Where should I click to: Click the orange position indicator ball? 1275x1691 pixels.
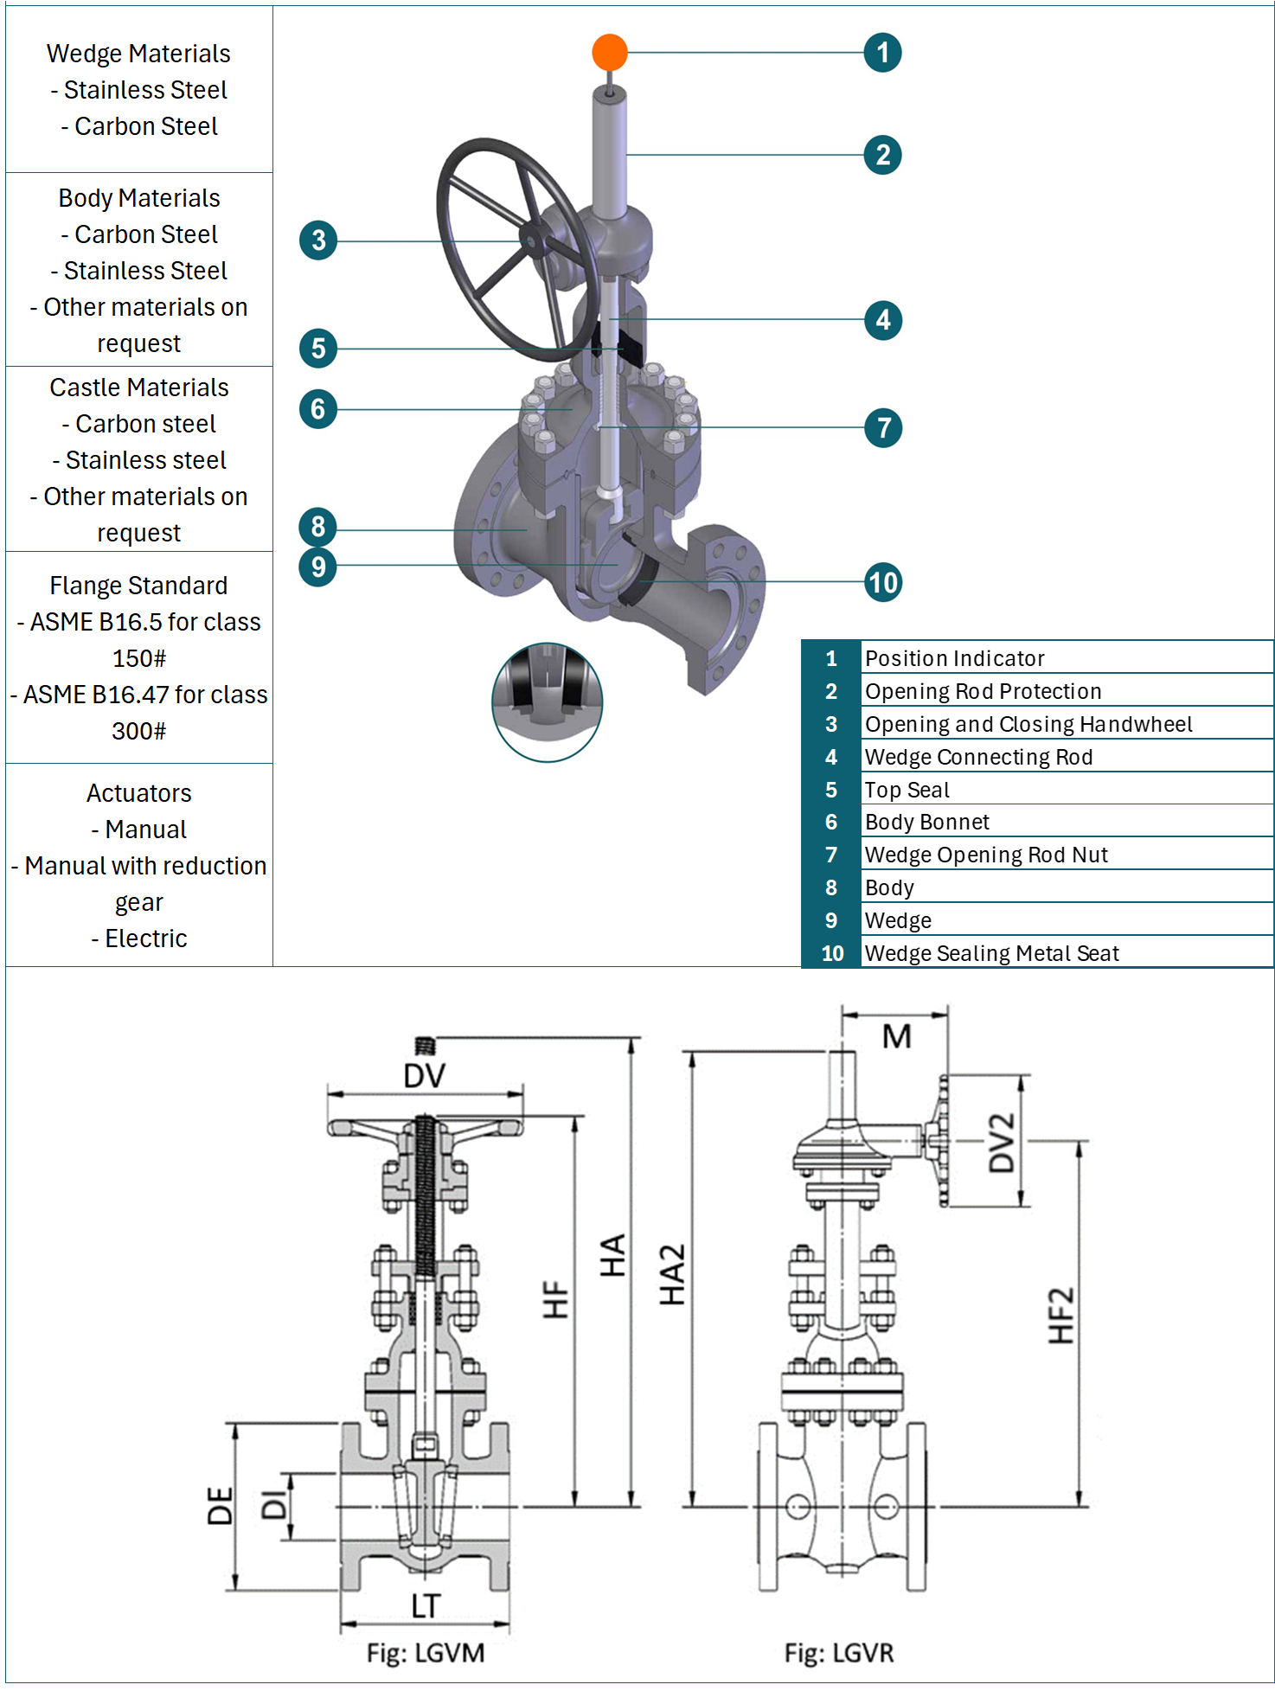click(610, 53)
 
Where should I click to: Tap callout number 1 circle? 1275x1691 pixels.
click(882, 53)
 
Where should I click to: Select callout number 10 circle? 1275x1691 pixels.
click(883, 582)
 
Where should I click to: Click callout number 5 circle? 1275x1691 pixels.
click(318, 349)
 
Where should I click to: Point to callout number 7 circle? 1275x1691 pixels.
click(883, 427)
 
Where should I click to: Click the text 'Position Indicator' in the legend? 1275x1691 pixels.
click(954, 658)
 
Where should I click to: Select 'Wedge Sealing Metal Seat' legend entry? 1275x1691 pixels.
click(991, 953)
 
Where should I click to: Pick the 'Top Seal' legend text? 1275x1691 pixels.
click(907, 790)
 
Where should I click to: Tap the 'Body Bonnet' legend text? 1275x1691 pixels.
click(926, 822)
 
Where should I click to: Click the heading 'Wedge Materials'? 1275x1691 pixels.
click(138, 54)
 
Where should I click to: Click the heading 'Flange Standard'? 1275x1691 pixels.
click(138, 586)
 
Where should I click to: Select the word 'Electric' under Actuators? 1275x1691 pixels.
click(145, 938)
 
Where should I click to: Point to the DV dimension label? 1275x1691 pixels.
click(424, 1076)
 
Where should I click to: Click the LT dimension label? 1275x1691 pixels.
click(425, 1606)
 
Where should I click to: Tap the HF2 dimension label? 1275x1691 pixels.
click(1061, 1316)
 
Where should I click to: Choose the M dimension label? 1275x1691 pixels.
click(896, 1036)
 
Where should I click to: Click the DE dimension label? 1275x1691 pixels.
click(221, 1506)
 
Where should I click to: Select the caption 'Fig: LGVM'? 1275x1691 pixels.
click(425, 1653)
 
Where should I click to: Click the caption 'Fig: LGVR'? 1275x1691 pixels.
click(838, 1653)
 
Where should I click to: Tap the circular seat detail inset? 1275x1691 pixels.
click(547, 702)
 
